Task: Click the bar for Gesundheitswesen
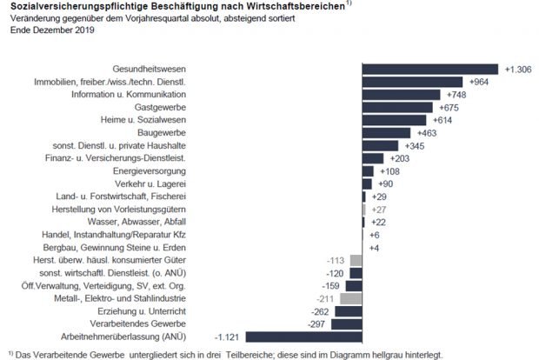430,69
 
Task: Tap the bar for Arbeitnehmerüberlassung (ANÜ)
304,336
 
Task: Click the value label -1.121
228,336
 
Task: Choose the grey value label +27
380,210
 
